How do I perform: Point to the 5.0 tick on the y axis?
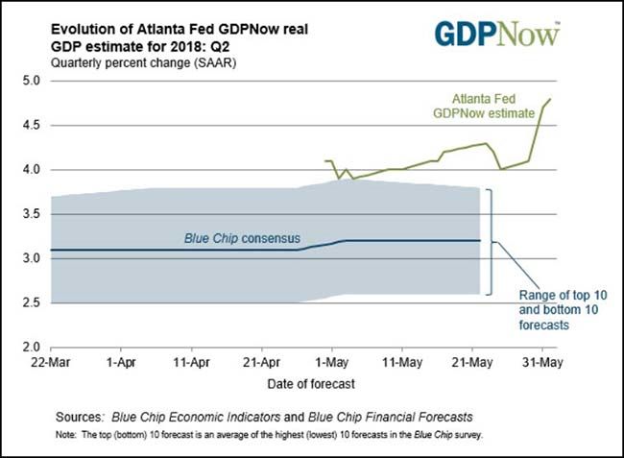pos(30,81)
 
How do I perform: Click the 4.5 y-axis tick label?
pos(30,126)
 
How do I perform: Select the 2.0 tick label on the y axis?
pos(30,347)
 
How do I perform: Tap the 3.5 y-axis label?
pos(30,214)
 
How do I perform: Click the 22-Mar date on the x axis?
pos(49,365)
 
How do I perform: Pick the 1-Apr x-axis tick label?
pos(121,365)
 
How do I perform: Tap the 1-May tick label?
pos(331,365)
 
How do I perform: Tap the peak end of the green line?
pos(550,99)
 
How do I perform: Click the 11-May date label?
pos(401,365)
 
